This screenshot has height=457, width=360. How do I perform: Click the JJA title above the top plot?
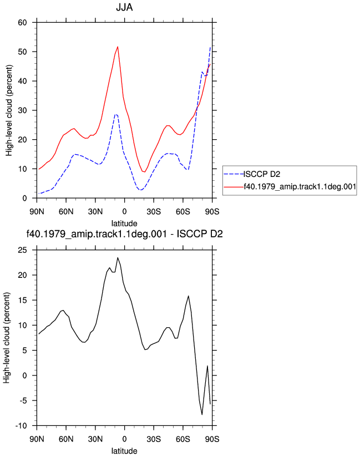[x=124, y=7]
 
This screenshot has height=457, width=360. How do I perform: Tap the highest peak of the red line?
[x=118, y=47]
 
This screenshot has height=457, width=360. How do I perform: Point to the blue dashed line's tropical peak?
[x=116, y=115]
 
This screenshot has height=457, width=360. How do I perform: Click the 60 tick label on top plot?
[x=22, y=22]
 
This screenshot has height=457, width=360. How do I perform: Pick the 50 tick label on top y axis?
[x=22, y=52]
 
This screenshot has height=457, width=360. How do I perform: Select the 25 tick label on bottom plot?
[x=22, y=250]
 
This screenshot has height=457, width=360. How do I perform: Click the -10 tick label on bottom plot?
[x=21, y=426]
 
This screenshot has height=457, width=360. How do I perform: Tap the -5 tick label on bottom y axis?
[x=22, y=401]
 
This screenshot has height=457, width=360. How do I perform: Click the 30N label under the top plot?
[x=95, y=212]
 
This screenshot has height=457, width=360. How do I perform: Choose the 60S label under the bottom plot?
[x=183, y=439]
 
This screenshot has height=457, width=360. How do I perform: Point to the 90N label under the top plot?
[x=37, y=212]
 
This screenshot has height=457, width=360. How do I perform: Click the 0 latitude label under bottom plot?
[x=124, y=439]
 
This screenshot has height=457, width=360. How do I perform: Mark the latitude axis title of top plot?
[x=124, y=224]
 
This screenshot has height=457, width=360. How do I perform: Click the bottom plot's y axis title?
[x=7, y=338]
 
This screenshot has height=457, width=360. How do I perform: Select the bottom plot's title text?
[x=124, y=233]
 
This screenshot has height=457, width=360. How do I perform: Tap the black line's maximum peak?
[x=118, y=258]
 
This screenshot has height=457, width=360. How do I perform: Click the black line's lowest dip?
[x=202, y=414]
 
